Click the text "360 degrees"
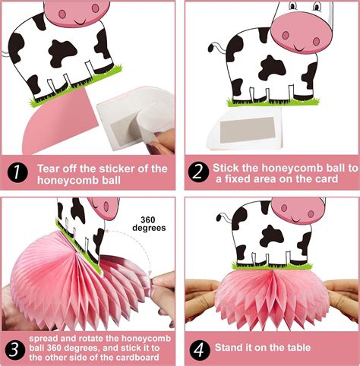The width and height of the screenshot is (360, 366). point(146,219)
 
